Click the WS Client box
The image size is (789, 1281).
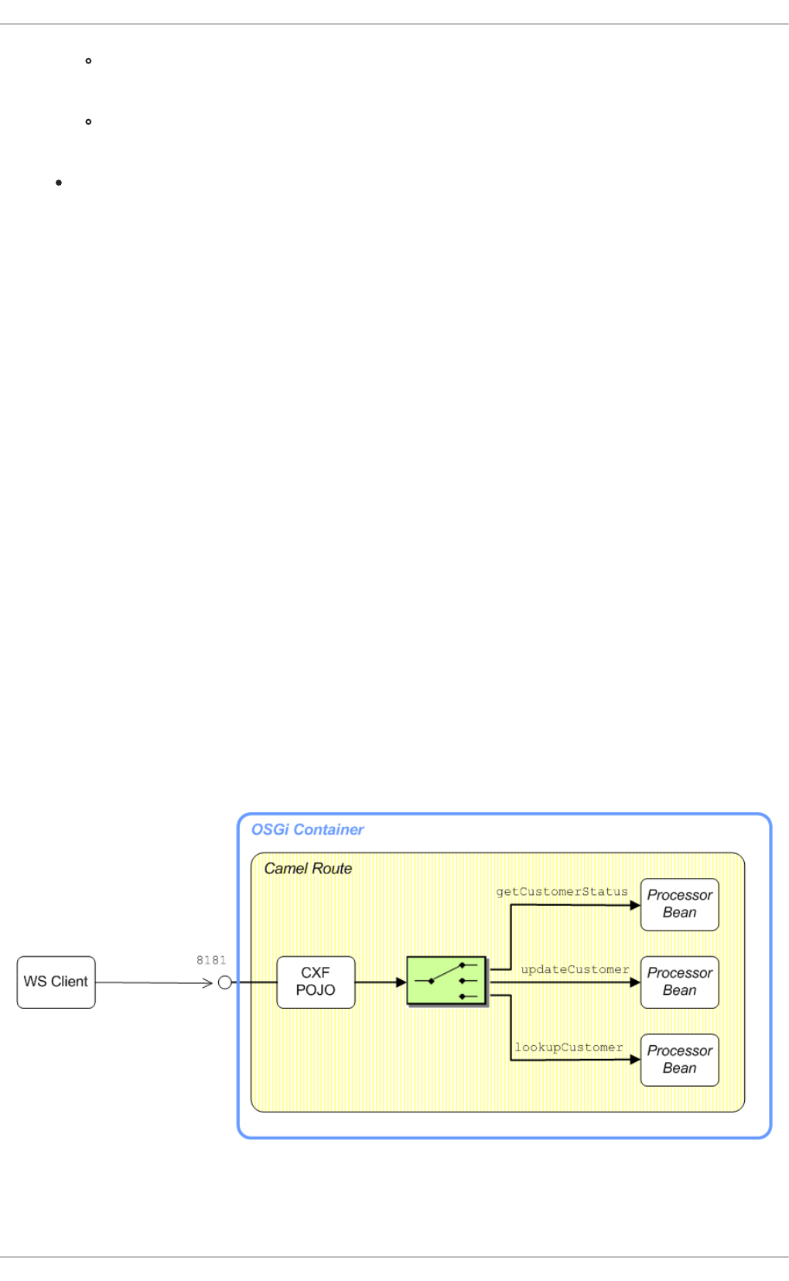coord(56,982)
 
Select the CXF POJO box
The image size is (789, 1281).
coord(316,982)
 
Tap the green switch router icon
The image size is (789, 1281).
coord(447,981)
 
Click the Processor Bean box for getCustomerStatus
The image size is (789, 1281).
coord(679,904)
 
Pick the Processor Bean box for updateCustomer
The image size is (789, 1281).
coord(679,982)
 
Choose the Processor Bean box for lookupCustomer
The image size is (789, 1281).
coord(679,1060)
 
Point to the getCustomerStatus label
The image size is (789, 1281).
coord(562,892)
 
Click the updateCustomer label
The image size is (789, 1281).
coord(575,969)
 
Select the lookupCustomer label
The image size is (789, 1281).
coord(569,1047)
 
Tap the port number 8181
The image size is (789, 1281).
coord(211,960)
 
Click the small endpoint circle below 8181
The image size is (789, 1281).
coord(225,982)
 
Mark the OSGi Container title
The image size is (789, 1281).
coord(307,829)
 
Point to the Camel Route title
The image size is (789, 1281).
coord(308,869)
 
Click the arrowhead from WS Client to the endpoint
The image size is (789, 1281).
coord(207,982)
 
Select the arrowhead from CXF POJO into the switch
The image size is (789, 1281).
coord(401,982)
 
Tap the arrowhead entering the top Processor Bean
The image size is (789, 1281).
coord(635,905)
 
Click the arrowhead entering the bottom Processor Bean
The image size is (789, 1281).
coord(635,1060)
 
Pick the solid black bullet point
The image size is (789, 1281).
coord(59,183)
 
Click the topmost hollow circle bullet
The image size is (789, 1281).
coord(89,60)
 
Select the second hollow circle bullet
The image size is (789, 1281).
coord(89,121)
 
